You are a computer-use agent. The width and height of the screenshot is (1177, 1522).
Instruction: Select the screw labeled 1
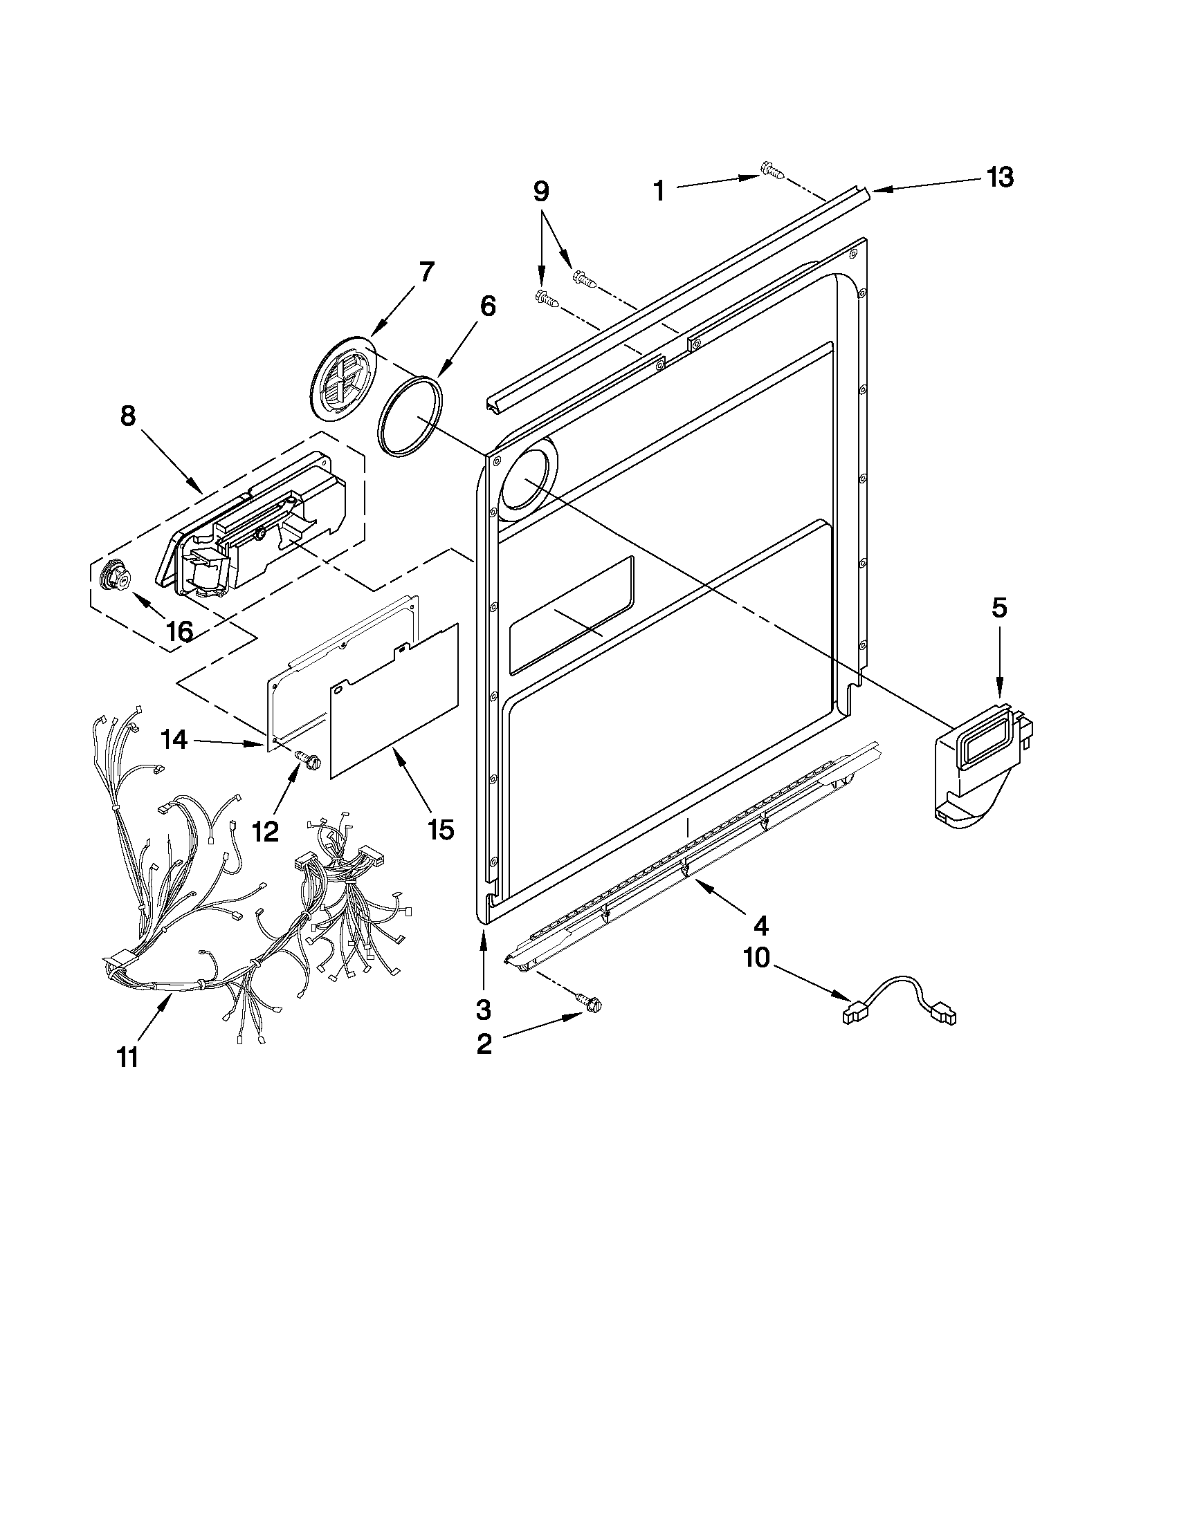tap(771, 169)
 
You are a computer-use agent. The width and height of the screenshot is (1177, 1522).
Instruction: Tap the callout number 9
tap(541, 191)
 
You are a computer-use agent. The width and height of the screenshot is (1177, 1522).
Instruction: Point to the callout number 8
tap(127, 416)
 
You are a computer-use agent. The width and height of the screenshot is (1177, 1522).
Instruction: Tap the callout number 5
tap(999, 609)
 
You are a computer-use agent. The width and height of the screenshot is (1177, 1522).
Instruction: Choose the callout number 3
tap(483, 1009)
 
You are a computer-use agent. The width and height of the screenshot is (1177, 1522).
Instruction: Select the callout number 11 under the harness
tap(127, 1058)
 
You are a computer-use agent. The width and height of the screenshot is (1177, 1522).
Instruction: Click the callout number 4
tap(760, 926)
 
